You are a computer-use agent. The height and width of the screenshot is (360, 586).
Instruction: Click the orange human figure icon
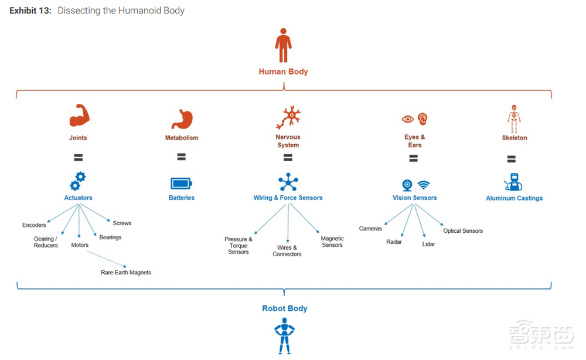[284, 46]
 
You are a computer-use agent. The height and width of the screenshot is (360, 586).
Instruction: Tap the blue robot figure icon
[284, 335]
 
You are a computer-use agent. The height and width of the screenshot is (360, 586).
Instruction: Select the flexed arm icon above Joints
[79, 116]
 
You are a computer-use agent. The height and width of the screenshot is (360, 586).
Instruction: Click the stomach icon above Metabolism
[182, 118]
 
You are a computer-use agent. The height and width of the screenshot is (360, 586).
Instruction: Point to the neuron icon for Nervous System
[288, 117]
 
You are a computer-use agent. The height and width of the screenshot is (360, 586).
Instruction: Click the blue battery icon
[181, 183]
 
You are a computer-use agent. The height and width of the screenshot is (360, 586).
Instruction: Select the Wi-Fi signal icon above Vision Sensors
[424, 185]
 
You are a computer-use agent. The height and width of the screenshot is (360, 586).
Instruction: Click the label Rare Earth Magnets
[126, 273]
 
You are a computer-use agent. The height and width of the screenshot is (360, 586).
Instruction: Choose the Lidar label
[428, 244]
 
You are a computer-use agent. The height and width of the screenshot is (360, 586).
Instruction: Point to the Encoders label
[34, 225]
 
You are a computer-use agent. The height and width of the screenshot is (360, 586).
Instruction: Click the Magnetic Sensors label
[332, 242]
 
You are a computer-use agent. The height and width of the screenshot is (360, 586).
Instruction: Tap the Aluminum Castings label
[514, 198]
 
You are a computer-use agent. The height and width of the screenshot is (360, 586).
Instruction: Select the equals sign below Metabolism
[181, 157]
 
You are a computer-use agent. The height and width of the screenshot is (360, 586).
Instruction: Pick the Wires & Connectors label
[287, 251]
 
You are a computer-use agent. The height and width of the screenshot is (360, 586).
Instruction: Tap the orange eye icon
[407, 119]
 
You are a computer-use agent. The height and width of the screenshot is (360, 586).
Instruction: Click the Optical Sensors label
[463, 231]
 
